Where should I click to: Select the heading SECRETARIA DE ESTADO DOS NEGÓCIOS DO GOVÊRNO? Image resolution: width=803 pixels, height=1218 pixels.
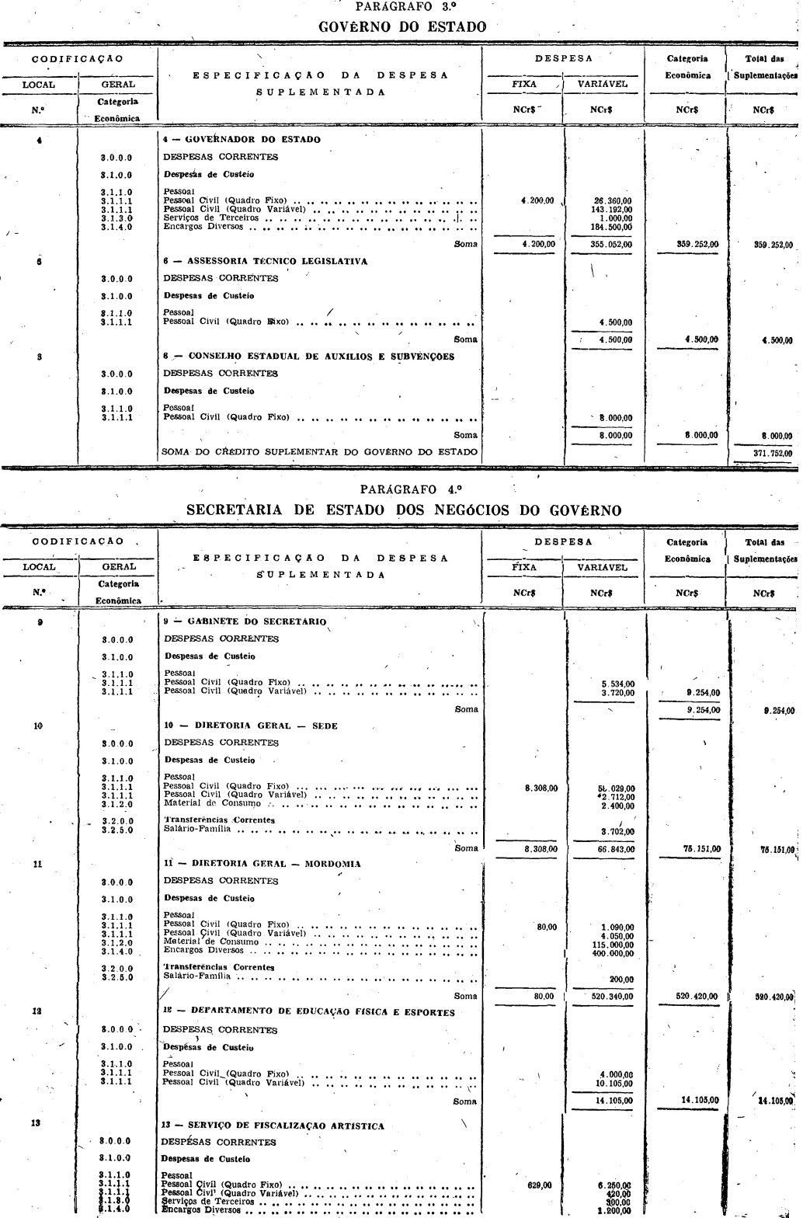point(404,510)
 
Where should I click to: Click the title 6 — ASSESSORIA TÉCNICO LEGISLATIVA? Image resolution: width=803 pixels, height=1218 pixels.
point(265,262)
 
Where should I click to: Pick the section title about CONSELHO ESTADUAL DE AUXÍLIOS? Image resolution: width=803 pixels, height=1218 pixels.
point(308,357)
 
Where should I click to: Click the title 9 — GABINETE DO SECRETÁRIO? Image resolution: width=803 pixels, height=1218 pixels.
point(245,621)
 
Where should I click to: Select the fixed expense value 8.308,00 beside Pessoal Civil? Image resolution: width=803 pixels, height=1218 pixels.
point(541,788)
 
